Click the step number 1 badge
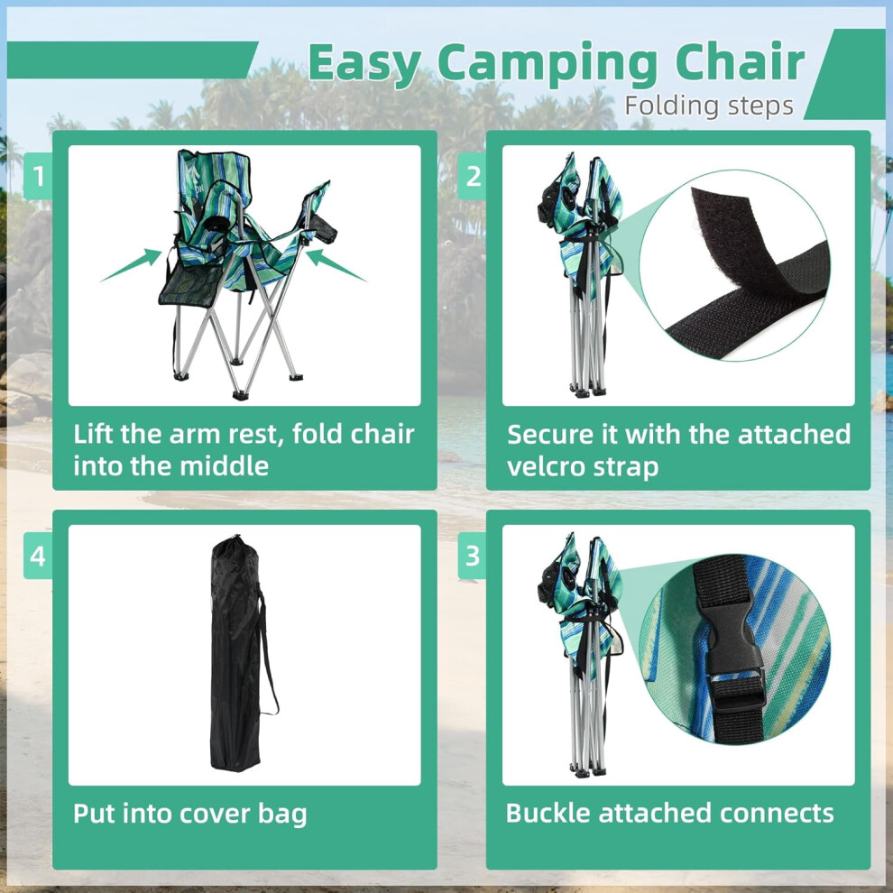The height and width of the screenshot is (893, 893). click(38, 176)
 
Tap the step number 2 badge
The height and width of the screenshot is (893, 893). click(472, 176)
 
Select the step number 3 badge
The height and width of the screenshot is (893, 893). click(472, 556)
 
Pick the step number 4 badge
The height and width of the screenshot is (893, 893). click(38, 556)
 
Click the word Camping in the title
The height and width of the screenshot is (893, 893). click(548, 64)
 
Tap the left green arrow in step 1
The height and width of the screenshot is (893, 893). click(132, 264)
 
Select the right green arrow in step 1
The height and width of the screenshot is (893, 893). click(336, 265)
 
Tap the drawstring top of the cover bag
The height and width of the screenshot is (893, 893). click(234, 541)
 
